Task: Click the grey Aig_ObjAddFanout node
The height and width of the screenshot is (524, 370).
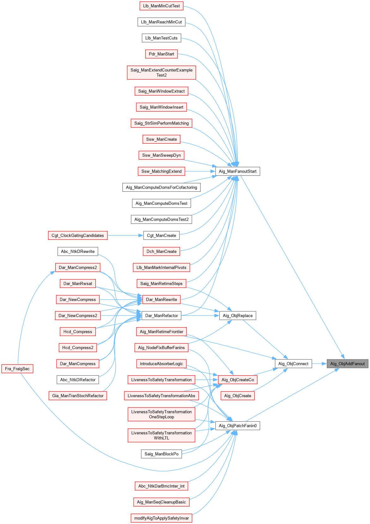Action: click(x=347, y=364)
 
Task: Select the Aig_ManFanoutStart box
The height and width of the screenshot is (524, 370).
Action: click(x=238, y=171)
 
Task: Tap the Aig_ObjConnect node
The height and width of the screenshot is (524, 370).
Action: click(x=293, y=364)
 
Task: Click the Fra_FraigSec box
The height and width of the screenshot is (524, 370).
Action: click(x=17, y=369)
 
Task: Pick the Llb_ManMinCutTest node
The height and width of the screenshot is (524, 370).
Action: click(x=161, y=6)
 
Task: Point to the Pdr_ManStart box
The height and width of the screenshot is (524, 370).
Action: click(x=161, y=54)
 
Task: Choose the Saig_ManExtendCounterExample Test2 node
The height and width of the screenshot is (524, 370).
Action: click(x=161, y=72)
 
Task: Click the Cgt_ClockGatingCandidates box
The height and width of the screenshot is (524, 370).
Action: click(x=78, y=235)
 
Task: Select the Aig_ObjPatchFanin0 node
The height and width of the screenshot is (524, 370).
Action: click(x=238, y=426)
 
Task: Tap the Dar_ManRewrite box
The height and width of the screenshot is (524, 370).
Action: click(x=161, y=299)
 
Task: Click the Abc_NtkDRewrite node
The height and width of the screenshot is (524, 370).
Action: click(x=78, y=251)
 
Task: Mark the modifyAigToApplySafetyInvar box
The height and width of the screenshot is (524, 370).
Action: click(x=161, y=518)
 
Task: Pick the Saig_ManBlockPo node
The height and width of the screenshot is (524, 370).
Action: click(x=161, y=454)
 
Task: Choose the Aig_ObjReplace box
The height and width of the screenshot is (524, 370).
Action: click(x=238, y=315)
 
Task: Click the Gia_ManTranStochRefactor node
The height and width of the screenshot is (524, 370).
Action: click(x=78, y=396)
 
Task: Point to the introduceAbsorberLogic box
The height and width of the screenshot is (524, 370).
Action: click(x=161, y=364)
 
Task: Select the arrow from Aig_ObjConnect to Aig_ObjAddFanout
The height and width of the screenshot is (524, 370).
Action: click(x=319, y=364)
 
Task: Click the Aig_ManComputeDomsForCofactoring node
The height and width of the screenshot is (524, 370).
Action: click(x=161, y=187)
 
